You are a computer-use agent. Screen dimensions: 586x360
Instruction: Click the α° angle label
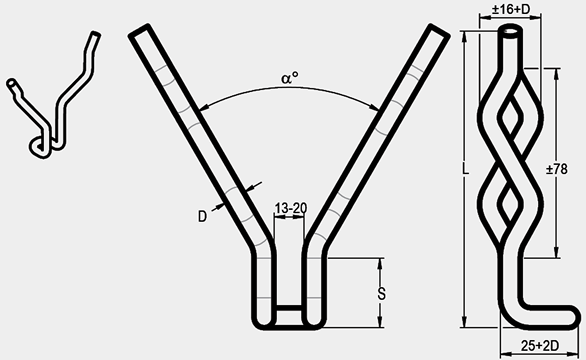pyautogui.click(x=290, y=78)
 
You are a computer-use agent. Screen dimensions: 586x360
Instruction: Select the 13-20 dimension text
pyautogui.click(x=291, y=208)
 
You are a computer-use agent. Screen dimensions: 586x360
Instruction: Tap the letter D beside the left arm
pyautogui.click(x=202, y=216)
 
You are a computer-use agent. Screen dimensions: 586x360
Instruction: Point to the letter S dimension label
pyautogui.click(x=381, y=294)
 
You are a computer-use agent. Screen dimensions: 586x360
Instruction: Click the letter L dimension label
pyautogui.click(x=465, y=168)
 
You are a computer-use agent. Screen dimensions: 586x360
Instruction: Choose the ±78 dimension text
pyautogui.click(x=556, y=169)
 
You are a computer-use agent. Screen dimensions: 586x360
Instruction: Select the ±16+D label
pyautogui.click(x=511, y=9)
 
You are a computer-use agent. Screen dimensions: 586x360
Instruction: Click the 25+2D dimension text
pyautogui.click(x=540, y=346)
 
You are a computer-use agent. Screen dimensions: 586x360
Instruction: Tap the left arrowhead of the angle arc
pyautogui.click(x=202, y=109)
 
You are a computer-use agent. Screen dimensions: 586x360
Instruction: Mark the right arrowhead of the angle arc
pyautogui.click(x=376, y=108)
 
